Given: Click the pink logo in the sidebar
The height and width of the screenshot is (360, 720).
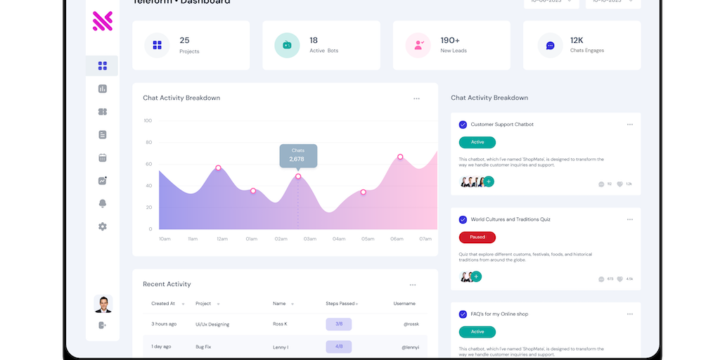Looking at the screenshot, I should point(103,21).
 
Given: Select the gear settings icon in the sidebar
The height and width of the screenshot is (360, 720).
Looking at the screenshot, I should point(103,226).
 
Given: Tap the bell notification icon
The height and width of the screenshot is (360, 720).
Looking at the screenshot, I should point(103,203).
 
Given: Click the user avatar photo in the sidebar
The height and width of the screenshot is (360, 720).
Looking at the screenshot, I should point(103,304).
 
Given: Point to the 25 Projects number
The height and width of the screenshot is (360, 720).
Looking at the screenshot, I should point(184,40).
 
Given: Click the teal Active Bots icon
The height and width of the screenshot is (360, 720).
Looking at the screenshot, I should point(287,45).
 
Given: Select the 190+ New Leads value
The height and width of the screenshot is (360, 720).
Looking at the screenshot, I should point(450,40).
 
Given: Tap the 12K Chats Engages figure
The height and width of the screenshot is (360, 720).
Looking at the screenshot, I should point(577,40).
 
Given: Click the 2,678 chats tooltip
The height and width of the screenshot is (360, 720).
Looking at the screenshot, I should point(298,155).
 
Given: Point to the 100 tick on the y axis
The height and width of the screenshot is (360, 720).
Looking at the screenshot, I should point(148,120).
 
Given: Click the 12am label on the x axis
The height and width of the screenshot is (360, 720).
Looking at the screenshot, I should point(222,239).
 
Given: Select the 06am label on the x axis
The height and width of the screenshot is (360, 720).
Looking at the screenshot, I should point(397,239).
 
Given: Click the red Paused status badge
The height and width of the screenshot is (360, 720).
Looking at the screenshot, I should point(477,237).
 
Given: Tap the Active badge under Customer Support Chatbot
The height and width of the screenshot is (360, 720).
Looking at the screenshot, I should point(477,142).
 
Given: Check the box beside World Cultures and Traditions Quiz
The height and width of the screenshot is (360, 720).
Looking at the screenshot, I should point(463,219).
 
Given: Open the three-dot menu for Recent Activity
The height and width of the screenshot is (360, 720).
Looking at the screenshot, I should point(413,285).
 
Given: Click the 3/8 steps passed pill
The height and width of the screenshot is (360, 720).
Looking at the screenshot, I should point(338,324).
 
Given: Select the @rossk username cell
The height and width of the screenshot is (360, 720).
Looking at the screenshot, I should point(411,324).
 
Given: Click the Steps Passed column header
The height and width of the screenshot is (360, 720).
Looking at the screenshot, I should point(340,304).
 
